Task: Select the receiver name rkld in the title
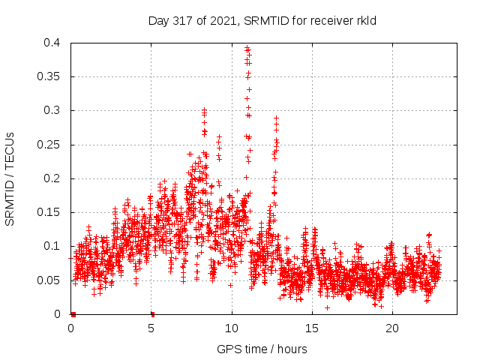pos(364,20)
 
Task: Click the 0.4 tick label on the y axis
pos(52,43)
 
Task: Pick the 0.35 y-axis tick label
pos(49,76)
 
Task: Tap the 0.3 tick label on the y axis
pos(52,110)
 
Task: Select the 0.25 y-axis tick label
pos(49,145)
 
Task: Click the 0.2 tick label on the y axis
pos(52,178)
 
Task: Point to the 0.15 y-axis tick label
pos(49,212)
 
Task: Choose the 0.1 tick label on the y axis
pos(52,246)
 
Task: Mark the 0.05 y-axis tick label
pos(49,280)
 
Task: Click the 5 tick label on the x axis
pos(151,328)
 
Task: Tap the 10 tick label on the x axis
pos(232,328)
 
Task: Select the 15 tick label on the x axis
pos(312,328)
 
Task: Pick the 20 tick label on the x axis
pos(392,328)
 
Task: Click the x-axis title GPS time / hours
pos(262,349)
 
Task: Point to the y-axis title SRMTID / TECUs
pos(10,178)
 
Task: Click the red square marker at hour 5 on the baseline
pos(152,313)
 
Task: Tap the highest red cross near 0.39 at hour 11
pos(247,49)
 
